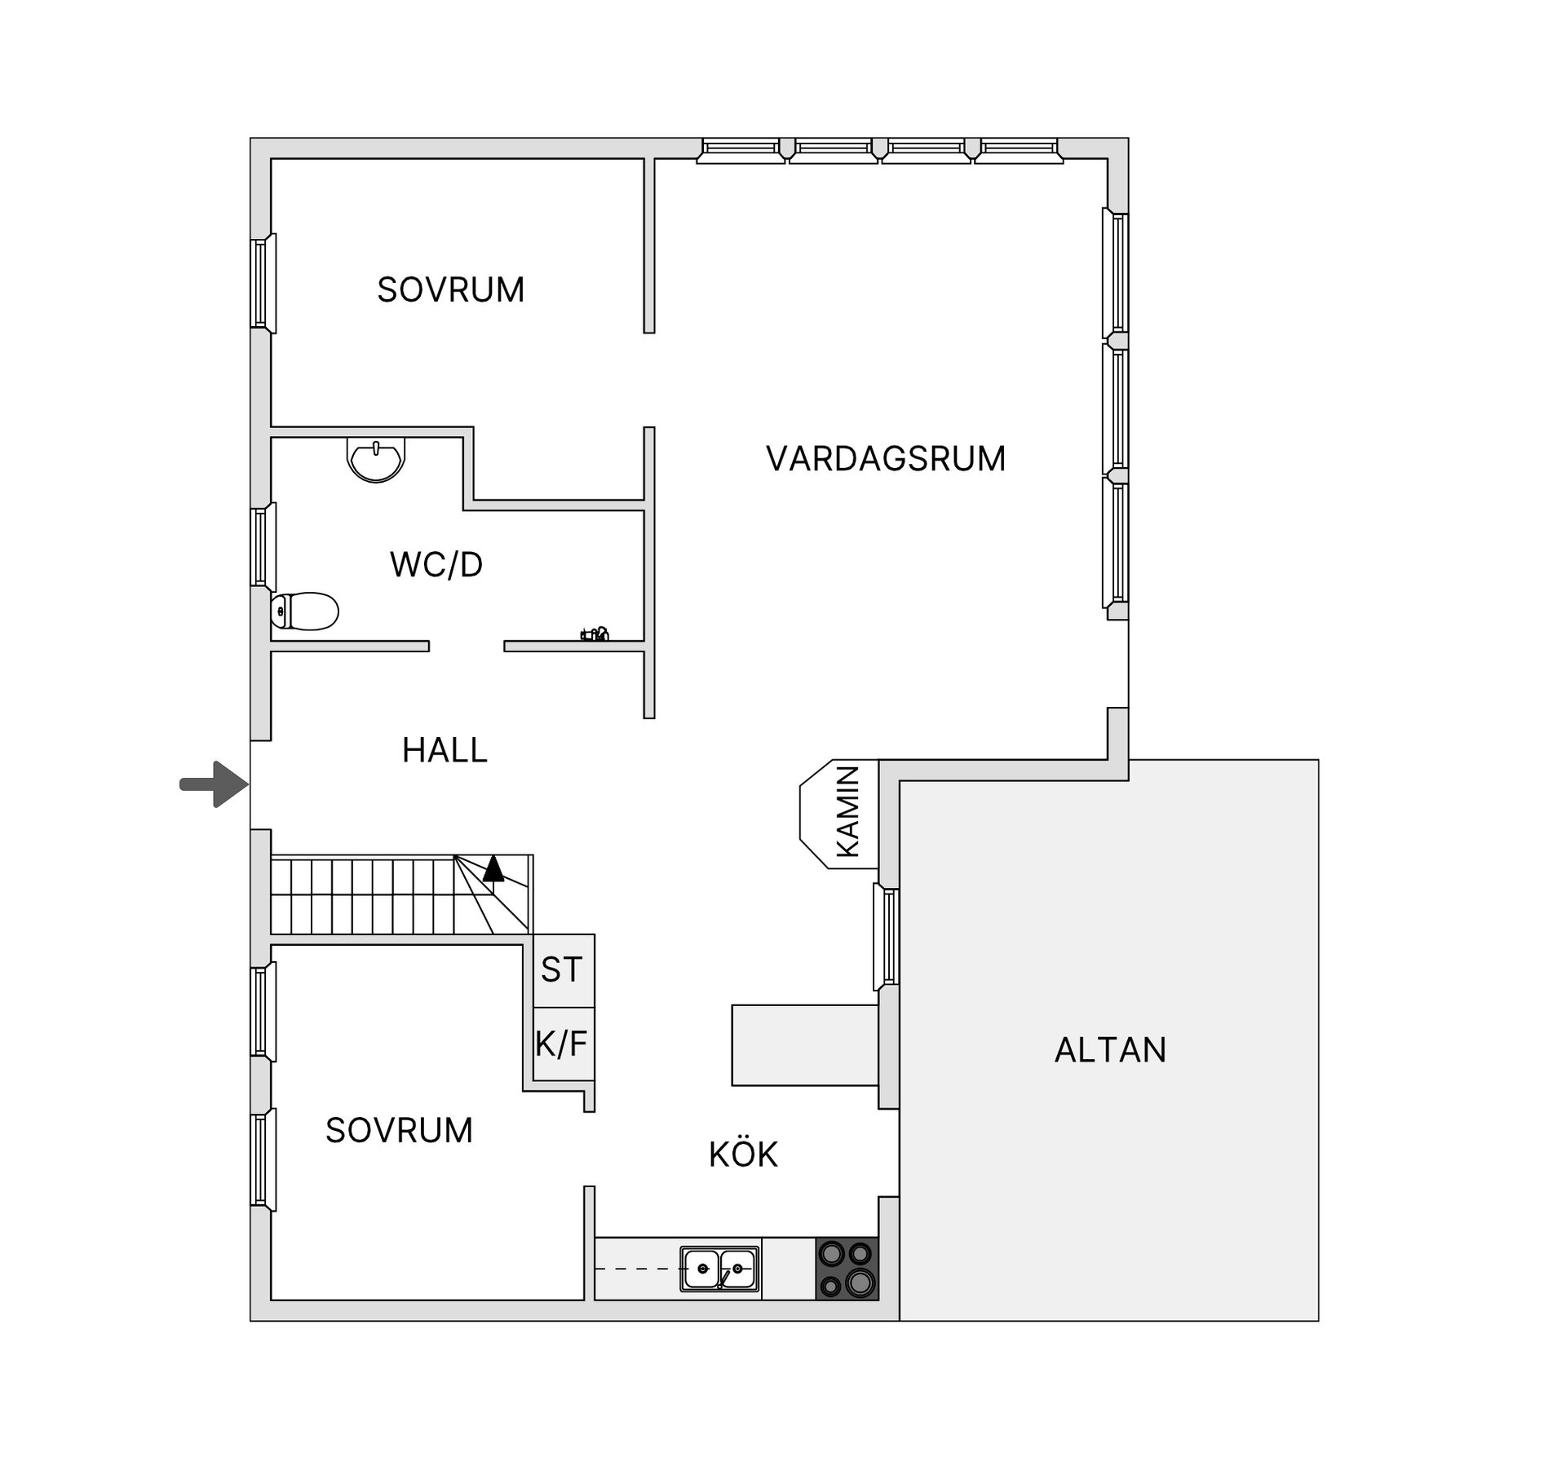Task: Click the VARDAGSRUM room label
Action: [x=885, y=459]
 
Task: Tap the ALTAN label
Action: [x=1110, y=1050]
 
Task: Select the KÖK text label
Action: [x=743, y=1155]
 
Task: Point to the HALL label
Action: [x=445, y=750]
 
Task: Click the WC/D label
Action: [x=436, y=565]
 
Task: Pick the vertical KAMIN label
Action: [x=848, y=812]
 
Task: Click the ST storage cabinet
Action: [x=563, y=970]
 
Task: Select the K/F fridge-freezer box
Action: [x=562, y=1044]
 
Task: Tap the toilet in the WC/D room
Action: [x=305, y=611]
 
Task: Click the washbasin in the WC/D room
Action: [x=376, y=459]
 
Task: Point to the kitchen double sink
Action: [x=719, y=1269]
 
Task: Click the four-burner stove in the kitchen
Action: [x=847, y=1268]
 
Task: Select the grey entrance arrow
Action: [x=214, y=784]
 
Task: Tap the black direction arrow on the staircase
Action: [x=493, y=869]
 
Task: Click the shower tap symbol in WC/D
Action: [x=595, y=634]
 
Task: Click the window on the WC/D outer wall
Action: [x=262, y=546]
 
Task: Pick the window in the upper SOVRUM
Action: [x=262, y=283]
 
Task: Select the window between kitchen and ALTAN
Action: [x=887, y=936]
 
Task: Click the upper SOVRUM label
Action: [x=450, y=290]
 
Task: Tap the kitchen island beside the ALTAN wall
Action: [x=804, y=1045]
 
